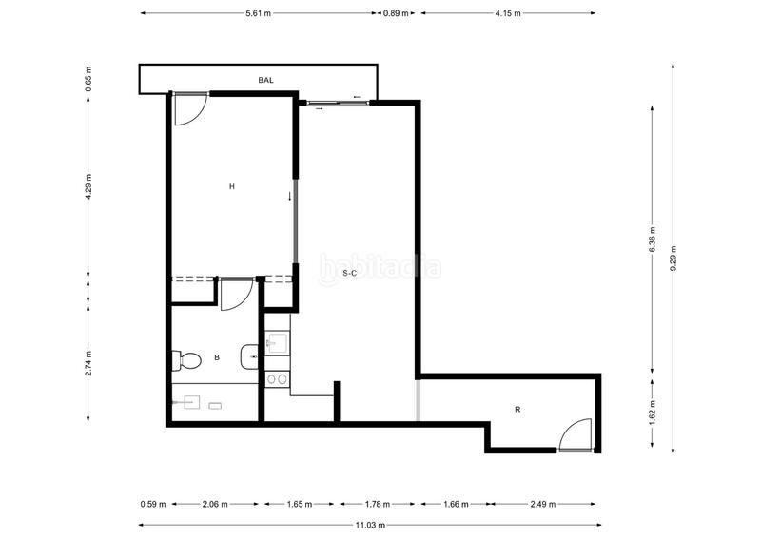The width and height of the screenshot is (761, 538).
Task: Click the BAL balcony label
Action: pos(265,81)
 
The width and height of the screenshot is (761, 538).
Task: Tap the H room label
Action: pos(231,187)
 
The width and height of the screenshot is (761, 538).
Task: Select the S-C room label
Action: pos(349,274)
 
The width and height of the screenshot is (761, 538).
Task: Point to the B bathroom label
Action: pos(218,358)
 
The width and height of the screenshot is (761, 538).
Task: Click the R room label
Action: pos(517,410)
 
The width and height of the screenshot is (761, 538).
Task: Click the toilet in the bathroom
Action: pos(185,360)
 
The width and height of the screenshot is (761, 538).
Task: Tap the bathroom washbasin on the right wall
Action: pos(249,356)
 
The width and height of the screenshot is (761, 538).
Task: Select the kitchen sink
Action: pos(278,342)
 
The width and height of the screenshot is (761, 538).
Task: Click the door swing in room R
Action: pos(576,435)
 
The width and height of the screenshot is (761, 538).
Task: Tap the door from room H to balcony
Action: pos(186,108)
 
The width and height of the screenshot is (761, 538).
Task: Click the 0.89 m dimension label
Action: pos(396,13)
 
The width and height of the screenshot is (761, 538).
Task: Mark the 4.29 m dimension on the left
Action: pos(88,186)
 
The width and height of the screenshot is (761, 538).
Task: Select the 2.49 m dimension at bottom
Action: pos(542,504)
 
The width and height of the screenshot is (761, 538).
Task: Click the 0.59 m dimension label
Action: pos(153,504)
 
